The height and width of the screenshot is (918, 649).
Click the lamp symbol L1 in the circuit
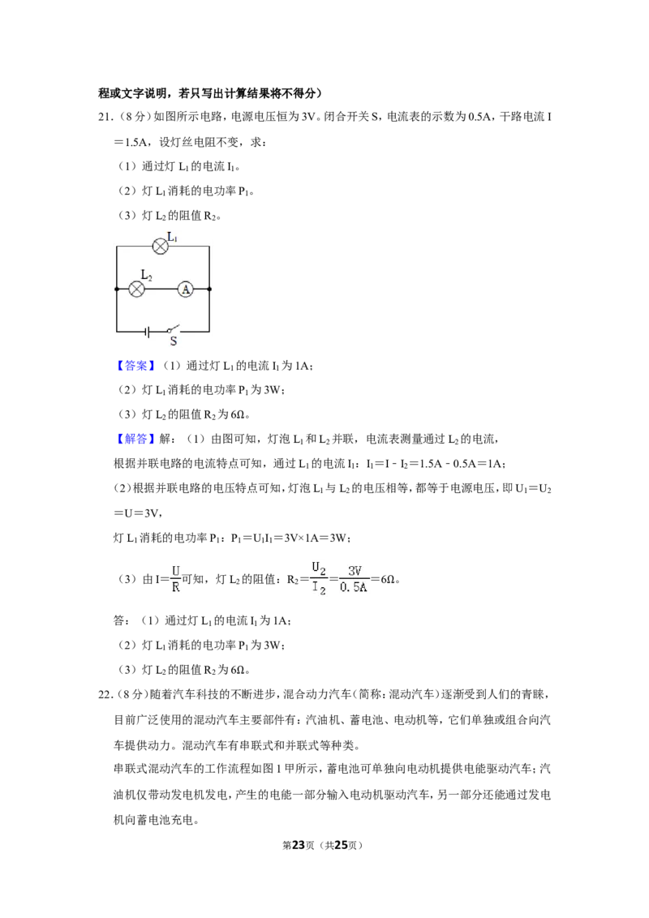click(x=160, y=247)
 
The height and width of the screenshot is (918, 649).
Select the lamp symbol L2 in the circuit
click(x=136, y=290)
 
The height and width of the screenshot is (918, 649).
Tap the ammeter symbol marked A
click(x=186, y=290)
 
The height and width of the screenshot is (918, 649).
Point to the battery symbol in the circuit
click(x=147, y=332)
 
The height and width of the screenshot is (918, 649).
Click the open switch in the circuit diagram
click(x=172, y=329)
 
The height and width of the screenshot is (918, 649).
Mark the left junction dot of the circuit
click(x=117, y=290)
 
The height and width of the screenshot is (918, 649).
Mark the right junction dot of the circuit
click(x=209, y=290)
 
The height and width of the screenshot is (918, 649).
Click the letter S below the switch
click(x=174, y=341)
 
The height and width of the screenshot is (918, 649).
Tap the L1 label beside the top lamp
click(x=173, y=237)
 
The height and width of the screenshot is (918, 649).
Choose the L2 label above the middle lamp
click(x=147, y=275)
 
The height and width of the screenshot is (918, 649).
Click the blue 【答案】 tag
click(x=136, y=366)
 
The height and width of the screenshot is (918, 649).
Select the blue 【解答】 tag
click(x=136, y=439)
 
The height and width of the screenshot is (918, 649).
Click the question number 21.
click(x=105, y=117)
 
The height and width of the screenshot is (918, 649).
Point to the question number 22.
click(x=105, y=695)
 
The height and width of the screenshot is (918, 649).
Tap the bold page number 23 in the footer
click(x=299, y=845)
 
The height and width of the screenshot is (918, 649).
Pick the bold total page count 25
click(x=341, y=845)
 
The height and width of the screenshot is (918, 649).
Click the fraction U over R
click(x=176, y=579)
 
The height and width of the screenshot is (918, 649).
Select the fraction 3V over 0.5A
click(x=354, y=579)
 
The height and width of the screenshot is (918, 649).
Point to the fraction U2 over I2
click(x=320, y=579)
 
